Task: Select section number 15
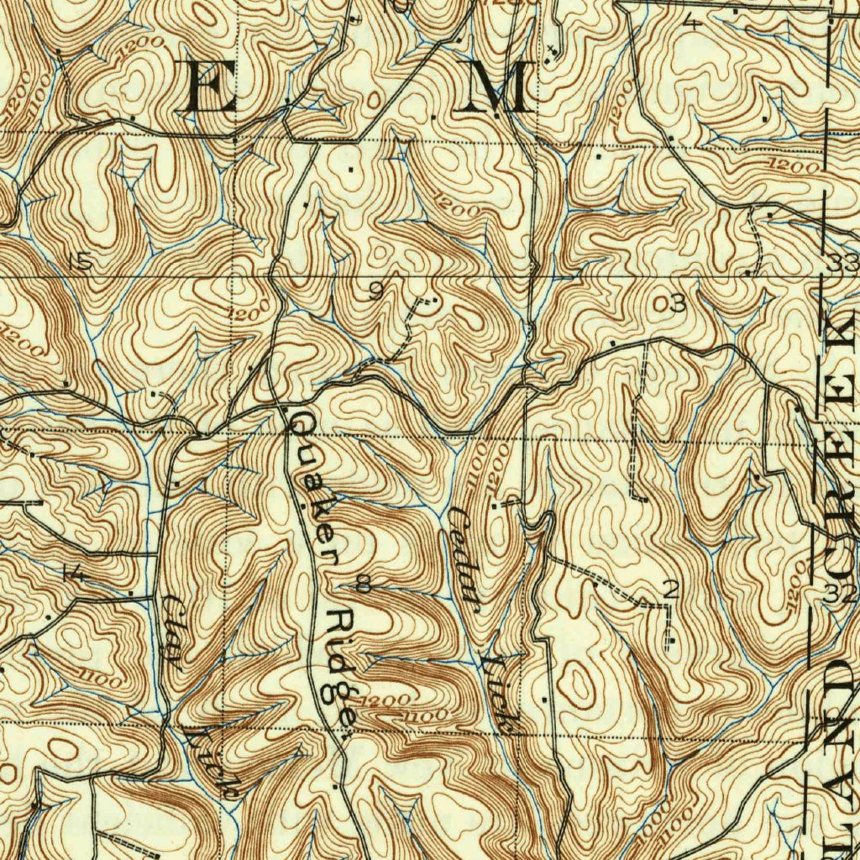click(x=81, y=262)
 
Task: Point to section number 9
click(x=375, y=291)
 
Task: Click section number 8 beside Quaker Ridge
click(x=364, y=583)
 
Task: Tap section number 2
click(x=669, y=590)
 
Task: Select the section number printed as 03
click(x=676, y=304)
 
